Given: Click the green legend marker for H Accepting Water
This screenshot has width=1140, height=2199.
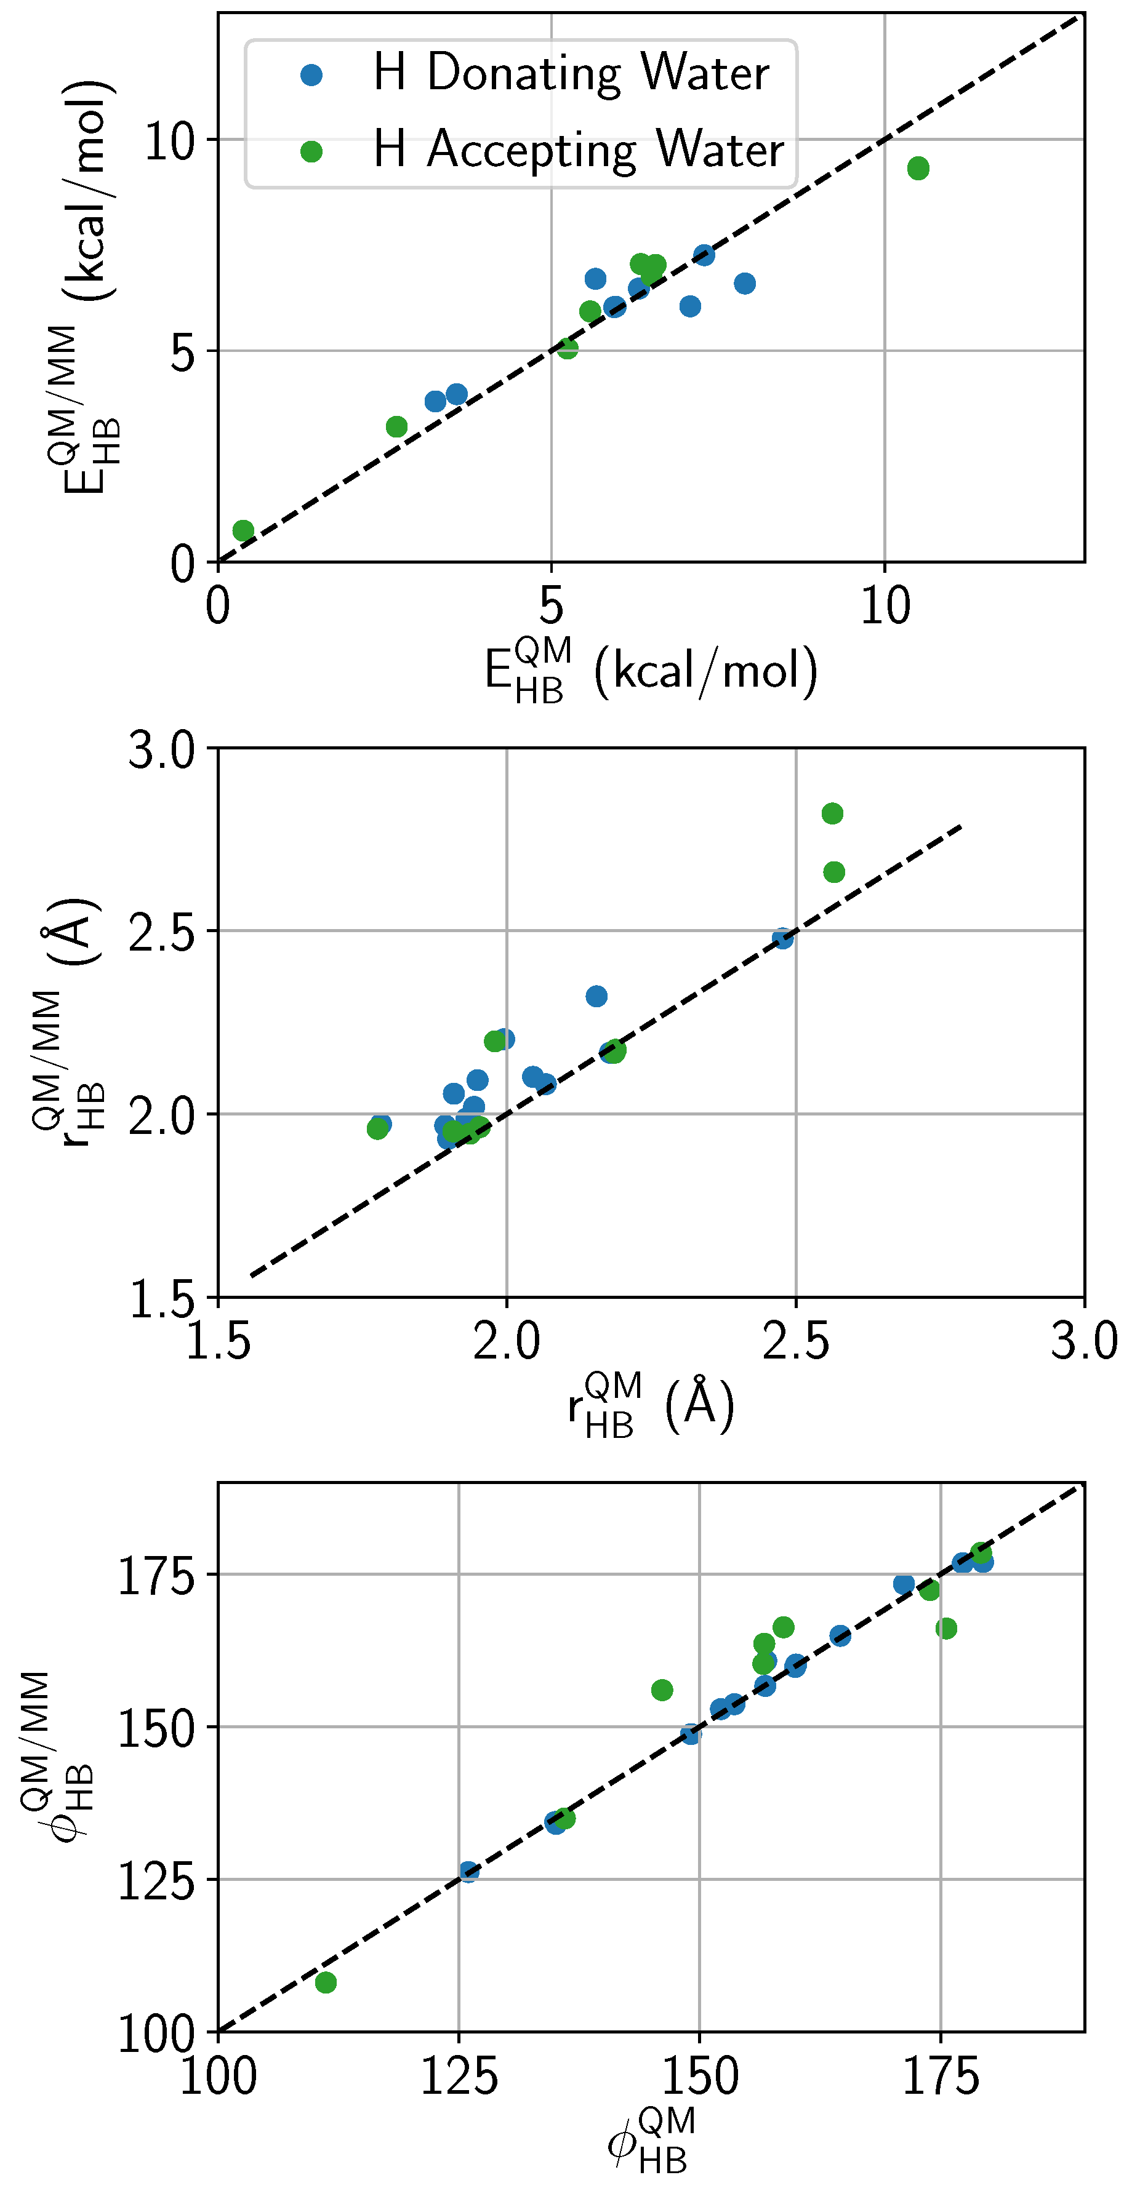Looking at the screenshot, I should coord(311,151).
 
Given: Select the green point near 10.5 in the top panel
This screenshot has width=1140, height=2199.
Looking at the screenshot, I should coord(918,168).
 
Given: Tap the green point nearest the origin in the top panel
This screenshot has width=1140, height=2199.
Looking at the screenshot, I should coord(243,530).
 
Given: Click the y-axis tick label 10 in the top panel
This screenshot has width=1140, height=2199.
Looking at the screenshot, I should coord(170,141).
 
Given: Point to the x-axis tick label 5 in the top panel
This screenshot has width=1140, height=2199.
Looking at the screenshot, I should coord(552,606).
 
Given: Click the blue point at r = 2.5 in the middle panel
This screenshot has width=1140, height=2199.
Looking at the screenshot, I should coord(783,938).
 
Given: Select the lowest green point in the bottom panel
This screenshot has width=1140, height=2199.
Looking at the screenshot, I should coord(326,1982).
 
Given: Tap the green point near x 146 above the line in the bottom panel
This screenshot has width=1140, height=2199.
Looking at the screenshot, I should coord(662,1690).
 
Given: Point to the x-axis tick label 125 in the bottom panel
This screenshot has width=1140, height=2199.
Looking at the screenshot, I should coord(459,2077).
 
